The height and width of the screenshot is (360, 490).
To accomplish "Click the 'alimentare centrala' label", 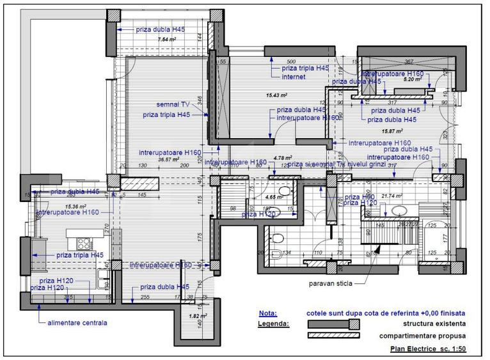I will click(77, 323).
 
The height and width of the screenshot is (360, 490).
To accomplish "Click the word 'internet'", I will click(293, 77).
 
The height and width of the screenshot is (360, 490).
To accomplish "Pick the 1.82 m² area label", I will click(198, 316).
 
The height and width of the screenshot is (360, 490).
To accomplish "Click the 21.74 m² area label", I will click(391, 196).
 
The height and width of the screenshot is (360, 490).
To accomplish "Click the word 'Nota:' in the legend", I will click(268, 313).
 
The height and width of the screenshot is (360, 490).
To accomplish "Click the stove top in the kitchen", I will click(84, 243).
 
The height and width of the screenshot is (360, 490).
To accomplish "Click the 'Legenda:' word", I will click(273, 324).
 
